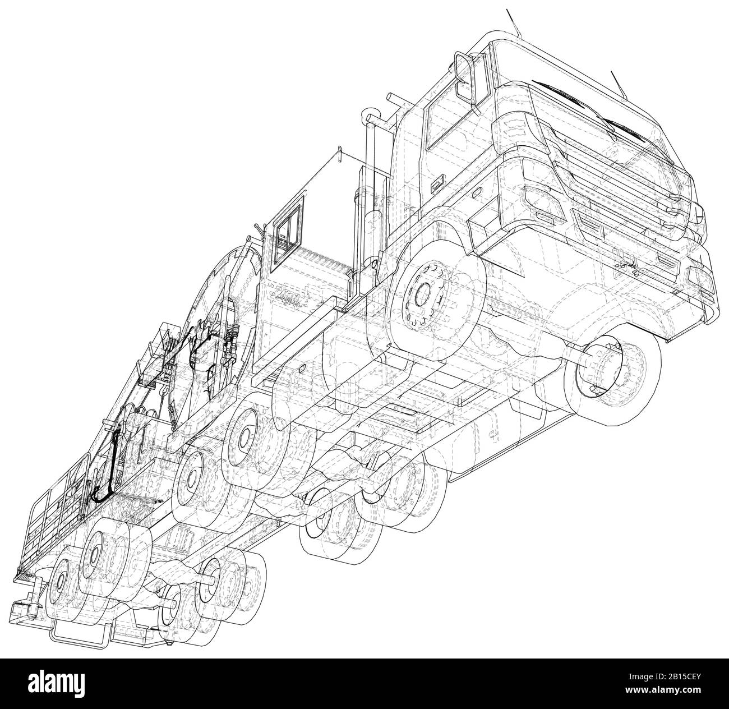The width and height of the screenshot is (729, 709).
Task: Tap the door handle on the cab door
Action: (436, 182)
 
